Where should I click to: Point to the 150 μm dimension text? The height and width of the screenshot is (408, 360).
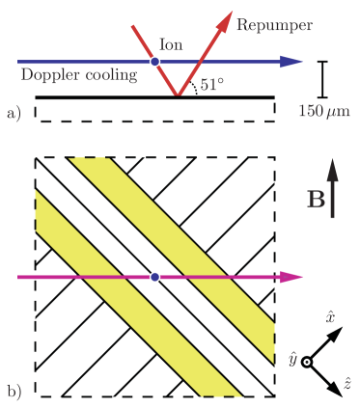click(x=323, y=111)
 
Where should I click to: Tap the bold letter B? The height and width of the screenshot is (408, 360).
click(x=315, y=201)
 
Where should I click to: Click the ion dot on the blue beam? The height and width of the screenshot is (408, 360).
click(x=155, y=62)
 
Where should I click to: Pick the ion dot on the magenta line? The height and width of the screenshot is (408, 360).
click(x=155, y=278)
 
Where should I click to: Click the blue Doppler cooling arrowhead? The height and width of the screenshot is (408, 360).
click(x=291, y=62)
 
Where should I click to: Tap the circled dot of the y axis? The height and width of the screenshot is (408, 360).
click(x=308, y=362)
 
